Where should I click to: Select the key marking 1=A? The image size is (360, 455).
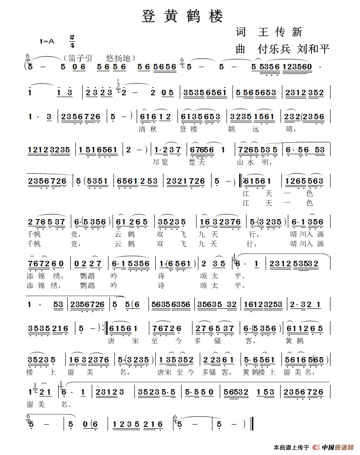pos(47,41)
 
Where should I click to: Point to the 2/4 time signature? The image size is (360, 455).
pos(72,41)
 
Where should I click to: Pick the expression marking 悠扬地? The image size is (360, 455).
pos(118,58)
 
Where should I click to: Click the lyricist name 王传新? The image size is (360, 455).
pos(280,32)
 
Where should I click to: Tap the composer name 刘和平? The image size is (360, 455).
pos(313,49)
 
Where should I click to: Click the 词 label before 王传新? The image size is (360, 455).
pos(241,32)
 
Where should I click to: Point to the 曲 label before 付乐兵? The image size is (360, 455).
pos(241,49)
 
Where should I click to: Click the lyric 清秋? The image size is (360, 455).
pos(149,129)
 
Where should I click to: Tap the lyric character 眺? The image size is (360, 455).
pos(233,129)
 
